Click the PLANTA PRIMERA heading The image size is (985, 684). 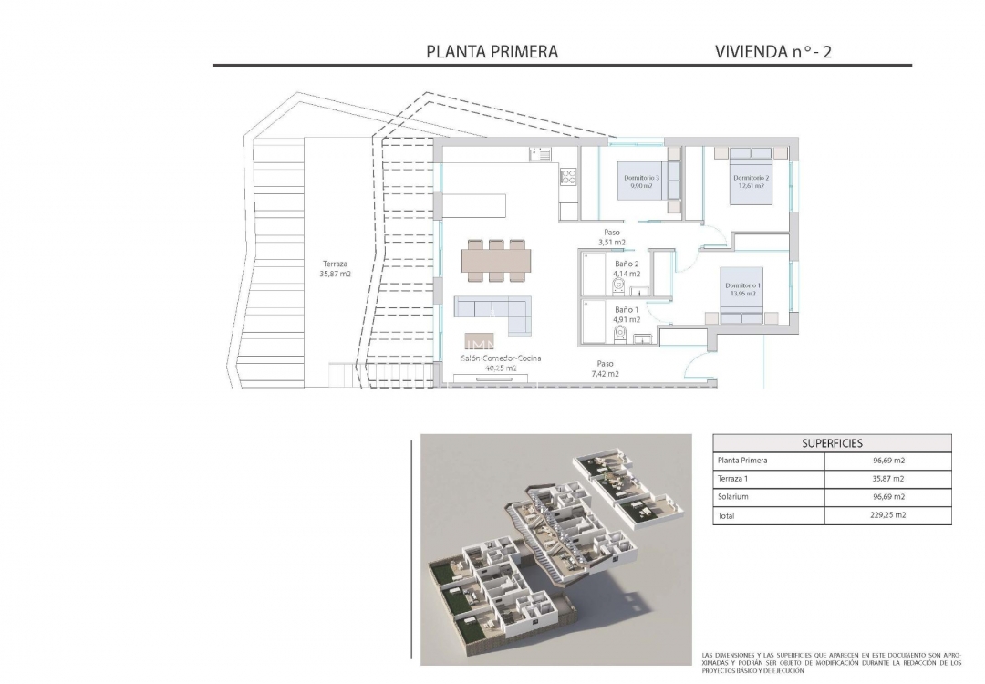[x=492, y=52]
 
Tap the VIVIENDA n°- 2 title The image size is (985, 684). [x=773, y=52]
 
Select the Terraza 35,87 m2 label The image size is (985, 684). [x=336, y=268]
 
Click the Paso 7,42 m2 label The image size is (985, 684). [x=606, y=368]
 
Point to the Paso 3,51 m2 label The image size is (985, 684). [x=611, y=237]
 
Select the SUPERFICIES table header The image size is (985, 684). [x=832, y=443]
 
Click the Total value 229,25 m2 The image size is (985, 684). [x=888, y=515]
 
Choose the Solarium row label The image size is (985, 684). [x=733, y=497]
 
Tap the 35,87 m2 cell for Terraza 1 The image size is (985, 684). [x=888, y=479]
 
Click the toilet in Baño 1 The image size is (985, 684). [x=620, y=336]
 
